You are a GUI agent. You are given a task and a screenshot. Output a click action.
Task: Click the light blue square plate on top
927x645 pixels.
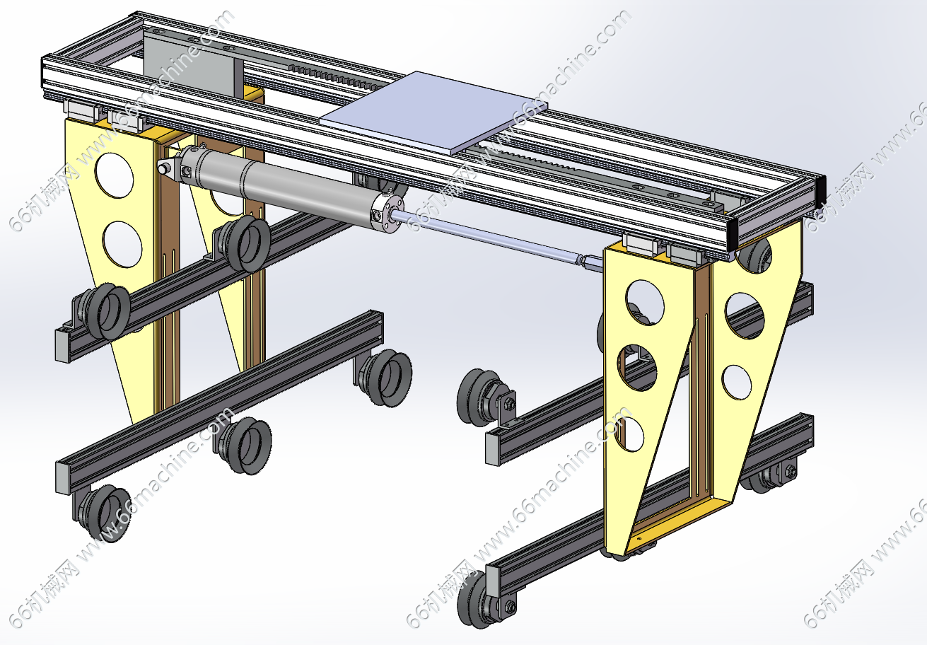click(433, 112)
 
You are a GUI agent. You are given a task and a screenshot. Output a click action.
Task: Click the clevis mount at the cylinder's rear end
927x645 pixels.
click(169, 168)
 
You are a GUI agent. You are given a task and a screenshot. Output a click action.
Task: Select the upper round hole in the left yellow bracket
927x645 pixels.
click(115, 175)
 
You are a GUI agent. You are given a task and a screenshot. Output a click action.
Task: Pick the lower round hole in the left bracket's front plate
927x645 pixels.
click(122, 244)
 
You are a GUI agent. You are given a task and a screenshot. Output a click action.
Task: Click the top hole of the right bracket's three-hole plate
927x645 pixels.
click(644, 302)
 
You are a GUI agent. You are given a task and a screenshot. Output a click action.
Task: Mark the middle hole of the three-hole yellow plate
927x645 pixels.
click(637, 368)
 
